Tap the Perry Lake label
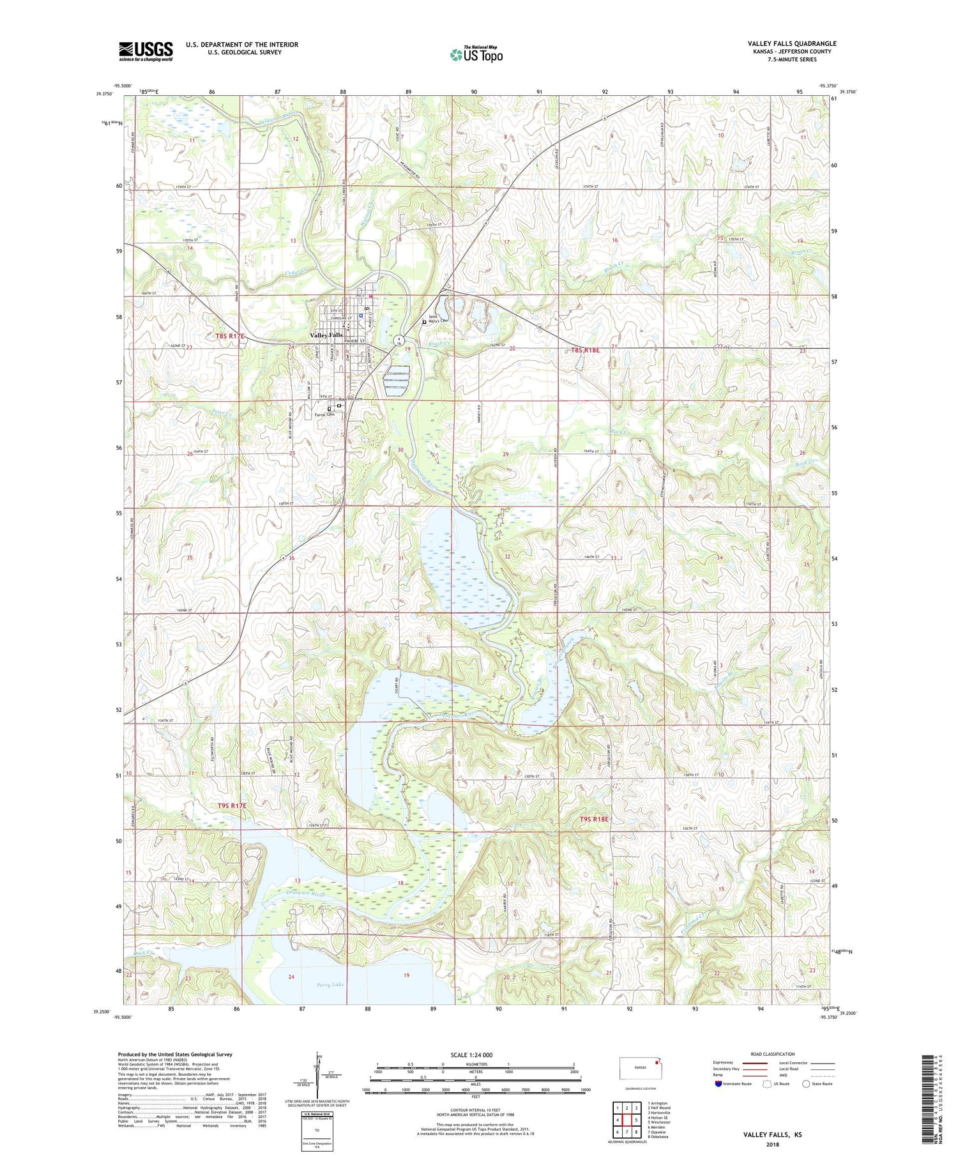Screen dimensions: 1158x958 coord(330,984)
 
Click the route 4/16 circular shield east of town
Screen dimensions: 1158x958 coord(399,340)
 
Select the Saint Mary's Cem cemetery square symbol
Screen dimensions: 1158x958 coord(424,322)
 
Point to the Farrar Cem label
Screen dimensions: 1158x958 coord(324,415)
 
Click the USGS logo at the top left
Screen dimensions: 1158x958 coord(146,51)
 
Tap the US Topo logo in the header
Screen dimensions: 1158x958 coord(476,55)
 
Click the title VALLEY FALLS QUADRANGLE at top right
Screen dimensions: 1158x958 coord(792,43)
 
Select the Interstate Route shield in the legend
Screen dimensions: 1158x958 coord(718,1084)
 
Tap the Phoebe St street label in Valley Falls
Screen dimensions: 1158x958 coord(354,341)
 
